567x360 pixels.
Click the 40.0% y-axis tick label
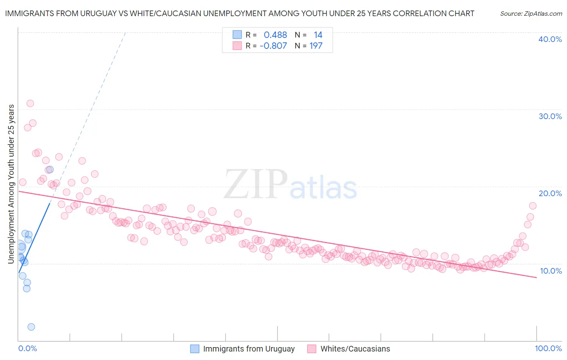550,39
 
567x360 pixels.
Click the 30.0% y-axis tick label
550,116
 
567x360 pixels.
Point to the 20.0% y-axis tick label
550,193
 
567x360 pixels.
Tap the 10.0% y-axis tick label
550,271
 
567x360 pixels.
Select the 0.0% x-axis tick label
27,348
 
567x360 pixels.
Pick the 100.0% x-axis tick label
548,348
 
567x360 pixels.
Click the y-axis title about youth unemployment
11,184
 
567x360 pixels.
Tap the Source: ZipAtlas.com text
531,13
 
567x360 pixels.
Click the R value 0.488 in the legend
275,35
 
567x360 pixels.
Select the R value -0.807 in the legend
273,46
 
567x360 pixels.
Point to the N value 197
316,46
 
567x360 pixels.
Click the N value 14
318,35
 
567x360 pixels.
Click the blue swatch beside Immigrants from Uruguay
195,349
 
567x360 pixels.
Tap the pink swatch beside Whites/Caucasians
312,349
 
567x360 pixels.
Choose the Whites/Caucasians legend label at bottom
355,349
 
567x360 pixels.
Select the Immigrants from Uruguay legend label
249,349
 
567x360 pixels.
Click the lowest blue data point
31,327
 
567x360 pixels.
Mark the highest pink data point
30,103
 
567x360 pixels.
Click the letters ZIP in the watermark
256,185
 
